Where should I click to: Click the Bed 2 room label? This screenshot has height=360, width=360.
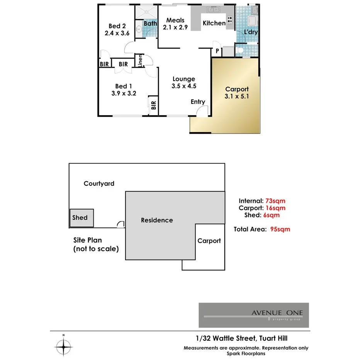point(117,26)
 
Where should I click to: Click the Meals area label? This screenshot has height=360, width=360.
point(175,20)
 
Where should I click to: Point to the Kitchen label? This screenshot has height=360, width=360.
point(214,23)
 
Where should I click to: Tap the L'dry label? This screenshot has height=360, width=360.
point(251,32)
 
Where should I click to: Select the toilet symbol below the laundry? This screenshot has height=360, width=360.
point(240,50)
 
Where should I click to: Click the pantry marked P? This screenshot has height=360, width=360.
point(217,51)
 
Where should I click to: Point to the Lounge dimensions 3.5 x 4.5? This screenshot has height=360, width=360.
point(184,86)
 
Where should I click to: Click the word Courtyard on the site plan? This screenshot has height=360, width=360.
point(99,183)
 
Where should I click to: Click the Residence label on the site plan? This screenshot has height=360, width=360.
point(156,220)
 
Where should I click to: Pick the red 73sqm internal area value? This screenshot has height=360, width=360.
point(275,200)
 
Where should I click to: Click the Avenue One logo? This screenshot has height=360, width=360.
point(253,315)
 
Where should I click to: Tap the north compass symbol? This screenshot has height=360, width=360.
point(63,345)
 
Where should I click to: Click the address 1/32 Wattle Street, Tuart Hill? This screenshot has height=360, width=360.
point(241,338)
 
